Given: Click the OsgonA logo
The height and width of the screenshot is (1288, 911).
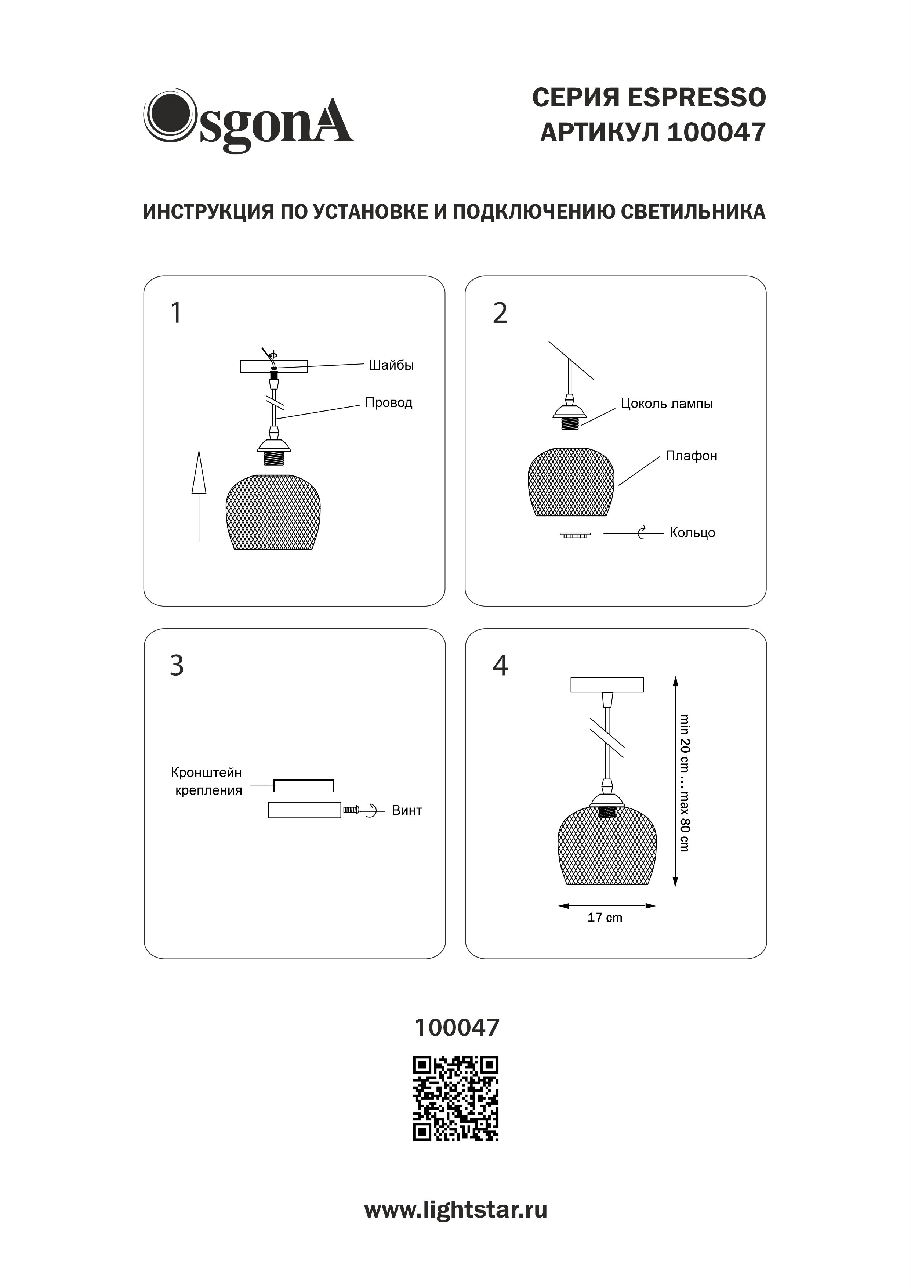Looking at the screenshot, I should pos(248,120).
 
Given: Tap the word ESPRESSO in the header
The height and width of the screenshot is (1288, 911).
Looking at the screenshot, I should pos(696,98).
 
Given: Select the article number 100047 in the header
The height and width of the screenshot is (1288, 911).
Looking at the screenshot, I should pos(716,133).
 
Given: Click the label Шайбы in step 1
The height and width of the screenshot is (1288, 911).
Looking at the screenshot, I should pos(391,365).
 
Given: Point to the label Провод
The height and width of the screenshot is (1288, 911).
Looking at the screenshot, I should pos(389,403).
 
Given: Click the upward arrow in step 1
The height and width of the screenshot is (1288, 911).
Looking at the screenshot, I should pos(199,496).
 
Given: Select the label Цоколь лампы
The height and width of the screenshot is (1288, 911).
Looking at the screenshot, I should pos(667,404).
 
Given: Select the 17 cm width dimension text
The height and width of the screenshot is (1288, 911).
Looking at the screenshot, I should pos(605,918).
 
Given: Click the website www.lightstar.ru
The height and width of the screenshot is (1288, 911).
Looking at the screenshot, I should pos(456,1210).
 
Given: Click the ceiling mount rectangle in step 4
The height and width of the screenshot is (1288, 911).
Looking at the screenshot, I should pos(607,685).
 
